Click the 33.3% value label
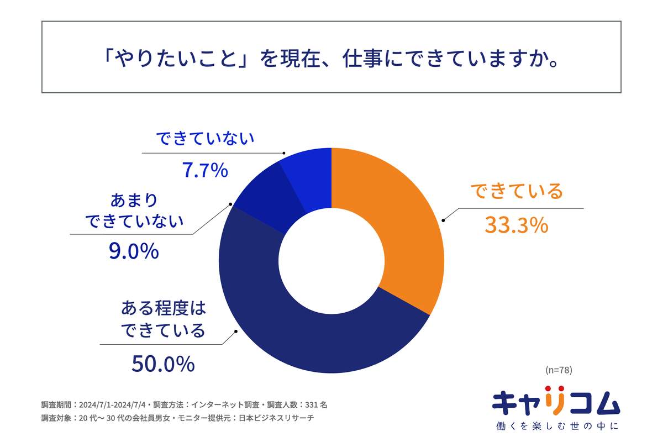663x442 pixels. [516, 225]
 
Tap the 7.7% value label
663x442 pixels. [205, 171]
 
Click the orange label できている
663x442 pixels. [516, 192]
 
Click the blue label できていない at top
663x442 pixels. [205, 139]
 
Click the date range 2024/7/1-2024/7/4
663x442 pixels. [113, 404]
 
